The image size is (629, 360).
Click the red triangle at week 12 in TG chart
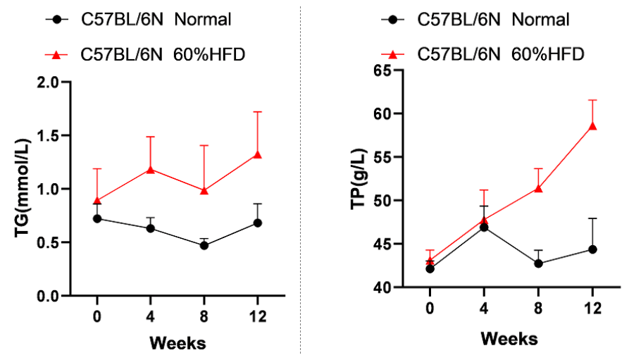(x=257, y=154)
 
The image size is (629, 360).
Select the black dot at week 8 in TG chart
(x=204, y=245)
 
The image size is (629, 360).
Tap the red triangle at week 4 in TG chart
(x=150, y=169)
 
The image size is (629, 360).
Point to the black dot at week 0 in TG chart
(x=96, y=218)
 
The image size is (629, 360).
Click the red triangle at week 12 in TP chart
(x=592, y=125)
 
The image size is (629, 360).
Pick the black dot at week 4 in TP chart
(x=485, y=228)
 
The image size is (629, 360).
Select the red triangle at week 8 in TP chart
(x=539, y=187)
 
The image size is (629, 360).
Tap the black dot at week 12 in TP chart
(x=592, y=249)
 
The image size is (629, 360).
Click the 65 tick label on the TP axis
(x=382, y=70)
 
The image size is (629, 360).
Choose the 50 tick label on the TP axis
(x=382, y=201)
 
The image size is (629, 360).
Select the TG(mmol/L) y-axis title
(x=27, y=189)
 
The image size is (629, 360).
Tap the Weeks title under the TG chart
(x=177, y=343)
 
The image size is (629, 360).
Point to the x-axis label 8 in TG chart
(x=204, y=317)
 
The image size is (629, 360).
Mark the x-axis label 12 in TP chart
(x=592, y=309)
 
